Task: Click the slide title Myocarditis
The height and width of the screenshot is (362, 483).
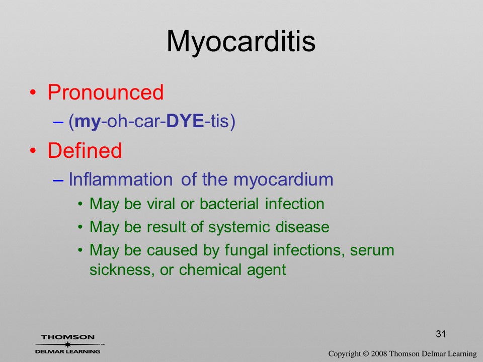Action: click(x=241, y=42)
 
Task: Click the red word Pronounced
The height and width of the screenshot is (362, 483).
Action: click(x=105, y=92)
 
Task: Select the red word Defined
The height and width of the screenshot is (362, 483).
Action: click(x=85, y=150)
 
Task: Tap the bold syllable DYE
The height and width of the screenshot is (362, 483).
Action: click(x=185, y=121)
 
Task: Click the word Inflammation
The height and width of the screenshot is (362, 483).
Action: click(x=120, y=179)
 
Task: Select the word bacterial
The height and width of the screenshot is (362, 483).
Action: click(x=229, y=204)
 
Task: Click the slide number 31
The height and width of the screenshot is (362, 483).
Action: click(x=441, y=334)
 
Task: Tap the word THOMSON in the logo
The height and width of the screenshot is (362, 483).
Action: click(x=68, y=337)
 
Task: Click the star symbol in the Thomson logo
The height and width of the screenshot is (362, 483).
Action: click(x=68, y=344)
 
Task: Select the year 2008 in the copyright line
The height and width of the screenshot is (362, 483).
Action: click(x=379, y=354)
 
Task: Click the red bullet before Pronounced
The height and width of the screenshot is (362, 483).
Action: click(x=33, y=93)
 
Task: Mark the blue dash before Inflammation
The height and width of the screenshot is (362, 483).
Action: click(x=58, y=180)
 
